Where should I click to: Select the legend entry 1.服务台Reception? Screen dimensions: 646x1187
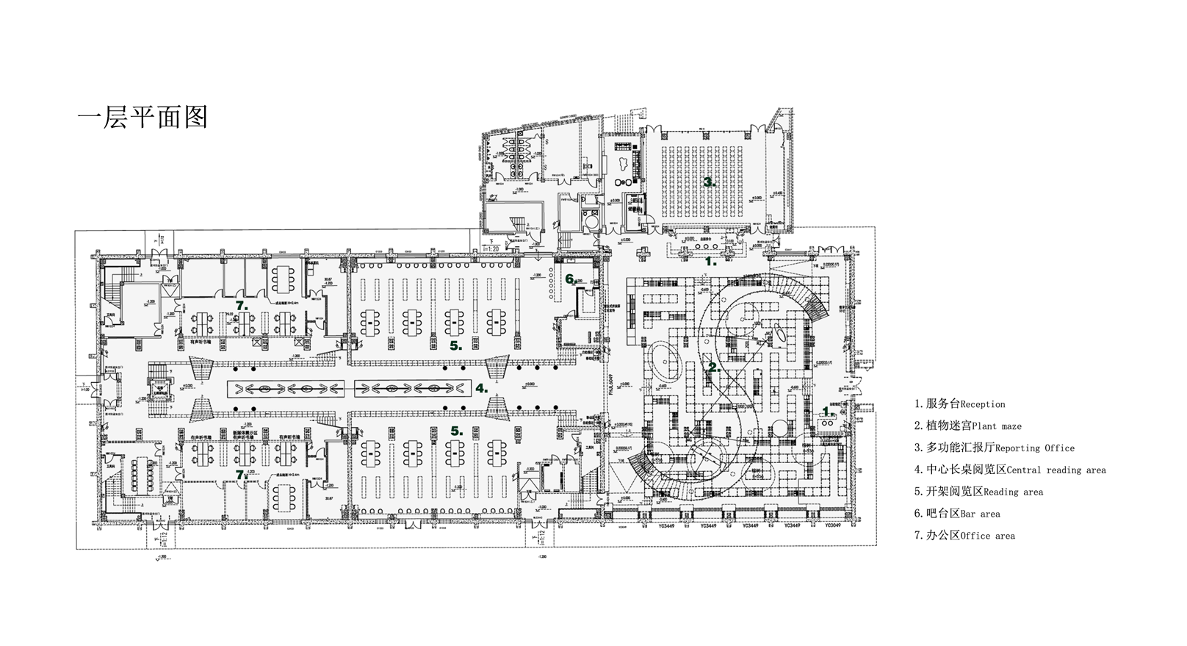(x=959, y=404)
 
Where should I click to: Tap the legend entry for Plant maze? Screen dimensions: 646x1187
(x=967, y=426)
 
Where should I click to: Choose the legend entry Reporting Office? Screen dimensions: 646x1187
(x=994, y=448)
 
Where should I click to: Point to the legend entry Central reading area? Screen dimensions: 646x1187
(x=1010, y=470)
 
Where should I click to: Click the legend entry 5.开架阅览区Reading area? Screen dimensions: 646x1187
(x=978, y=492)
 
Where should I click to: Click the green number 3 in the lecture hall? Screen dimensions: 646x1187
(x=709, y=182)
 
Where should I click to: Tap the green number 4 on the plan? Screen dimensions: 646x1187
(x=481, y=388)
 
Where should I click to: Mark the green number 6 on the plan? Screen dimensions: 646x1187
(x=570, y=279)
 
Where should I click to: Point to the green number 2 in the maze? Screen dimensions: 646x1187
(x=712, y=367)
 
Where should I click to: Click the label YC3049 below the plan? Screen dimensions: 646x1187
(x=832, y=526)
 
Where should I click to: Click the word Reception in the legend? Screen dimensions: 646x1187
(x=983, y=404)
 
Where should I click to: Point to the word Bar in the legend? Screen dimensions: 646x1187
(x=969, y=514)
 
